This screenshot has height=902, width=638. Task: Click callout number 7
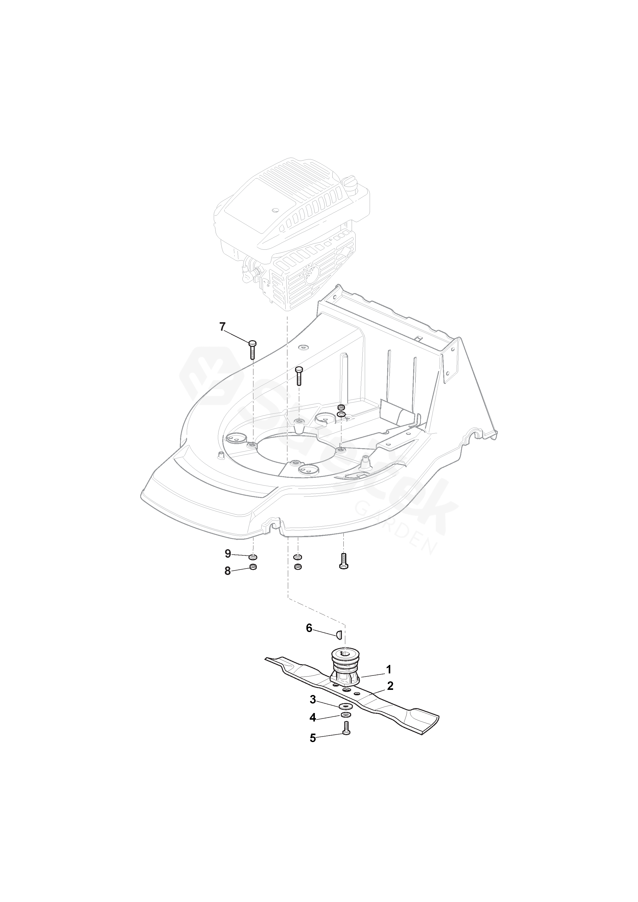tap(223, 327)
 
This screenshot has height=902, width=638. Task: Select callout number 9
tap(228, 554)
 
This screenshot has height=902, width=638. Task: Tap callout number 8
tap(228, 571)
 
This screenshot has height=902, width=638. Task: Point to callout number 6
tap(309, 629)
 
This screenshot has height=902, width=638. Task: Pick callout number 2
tap(390, 686)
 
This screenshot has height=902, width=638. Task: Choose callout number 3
tap(313, 699)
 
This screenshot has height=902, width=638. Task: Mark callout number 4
tap(313, 718)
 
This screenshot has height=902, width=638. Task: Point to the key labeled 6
tap(339, 634)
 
